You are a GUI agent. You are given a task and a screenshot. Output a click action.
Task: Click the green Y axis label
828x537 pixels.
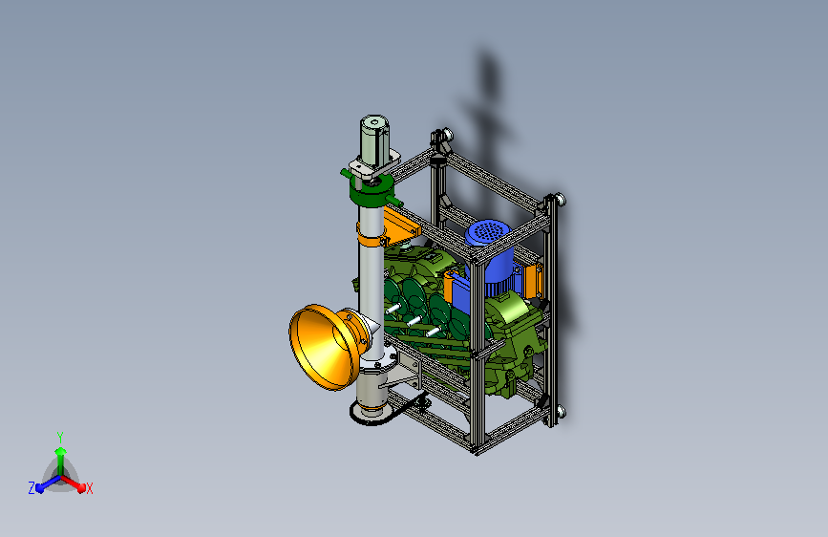60,438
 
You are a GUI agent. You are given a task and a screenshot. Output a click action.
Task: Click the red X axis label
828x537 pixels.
89,488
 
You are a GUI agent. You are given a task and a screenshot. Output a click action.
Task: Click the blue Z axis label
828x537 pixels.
32,488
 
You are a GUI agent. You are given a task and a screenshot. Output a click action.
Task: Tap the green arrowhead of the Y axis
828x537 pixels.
61,451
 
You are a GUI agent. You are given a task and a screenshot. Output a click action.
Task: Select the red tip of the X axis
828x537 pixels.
81,487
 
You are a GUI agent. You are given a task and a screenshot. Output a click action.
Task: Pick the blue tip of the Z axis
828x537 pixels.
39,488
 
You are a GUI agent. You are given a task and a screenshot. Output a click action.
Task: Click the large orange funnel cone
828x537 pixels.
322,347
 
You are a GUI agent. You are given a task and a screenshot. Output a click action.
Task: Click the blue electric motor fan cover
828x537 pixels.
487,232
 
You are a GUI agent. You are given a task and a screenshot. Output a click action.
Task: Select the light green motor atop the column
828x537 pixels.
374,140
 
